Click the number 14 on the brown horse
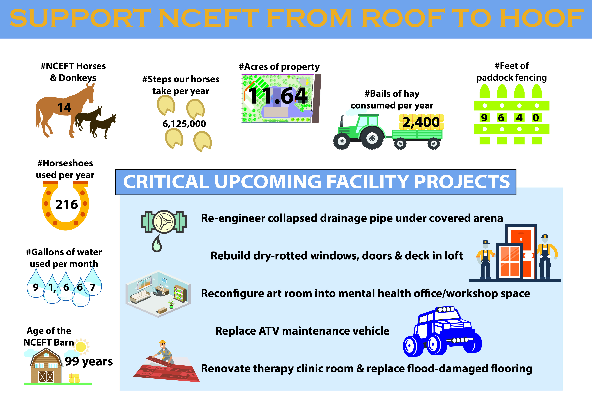64,108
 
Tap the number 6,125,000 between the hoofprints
184,124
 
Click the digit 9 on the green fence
484,118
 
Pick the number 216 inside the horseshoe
67,205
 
